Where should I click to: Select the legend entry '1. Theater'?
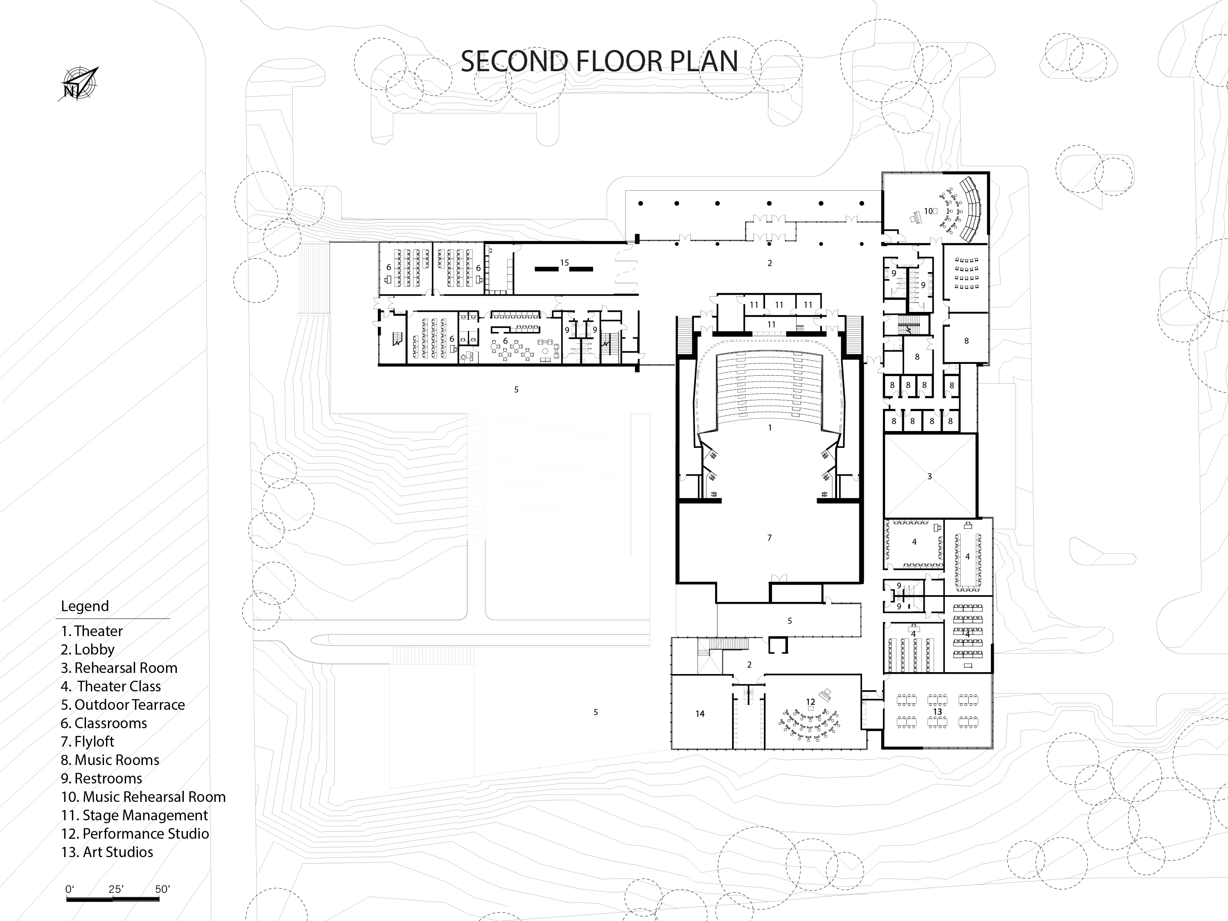tap(92, 631)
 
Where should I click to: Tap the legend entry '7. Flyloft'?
tap(88, 742)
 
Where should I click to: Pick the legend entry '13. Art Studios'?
tap(107, 852)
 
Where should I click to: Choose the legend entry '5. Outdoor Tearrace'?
tap(123, 705)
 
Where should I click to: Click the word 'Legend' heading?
tap(85, 606)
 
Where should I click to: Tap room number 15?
tap(564, 263)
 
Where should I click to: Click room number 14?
tap(700, 714)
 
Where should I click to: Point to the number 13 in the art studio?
tap(938, 712)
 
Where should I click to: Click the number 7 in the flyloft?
tap(770, 538)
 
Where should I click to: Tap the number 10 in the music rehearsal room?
tap(928, 211)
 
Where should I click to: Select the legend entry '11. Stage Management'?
tap(134, 815)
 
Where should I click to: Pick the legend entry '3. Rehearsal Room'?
tap(120, 668)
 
